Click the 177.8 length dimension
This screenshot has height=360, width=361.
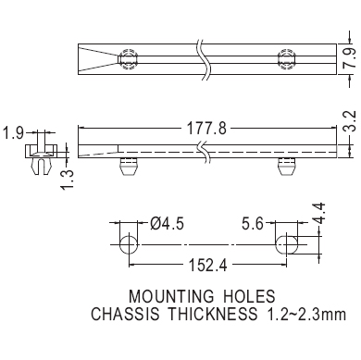point(207,129)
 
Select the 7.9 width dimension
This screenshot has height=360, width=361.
point(351,58)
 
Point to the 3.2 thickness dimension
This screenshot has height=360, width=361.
point(350,121)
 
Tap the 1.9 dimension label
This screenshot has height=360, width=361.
point(13,133)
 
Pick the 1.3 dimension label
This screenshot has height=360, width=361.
point(68,180)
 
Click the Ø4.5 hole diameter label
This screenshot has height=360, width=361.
point(167,223)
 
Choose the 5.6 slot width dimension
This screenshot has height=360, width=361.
point(253,224)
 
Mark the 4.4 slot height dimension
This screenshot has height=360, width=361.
point(318,213)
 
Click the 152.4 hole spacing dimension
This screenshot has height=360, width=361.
point(207,265)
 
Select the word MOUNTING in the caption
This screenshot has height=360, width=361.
point(171,296)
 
